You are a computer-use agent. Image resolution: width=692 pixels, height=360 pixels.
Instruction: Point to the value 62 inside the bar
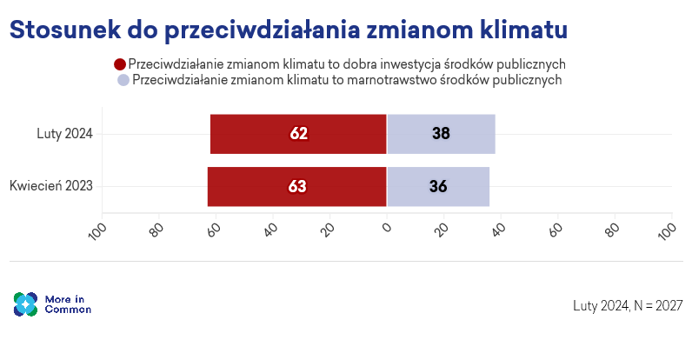[x=299, y=134]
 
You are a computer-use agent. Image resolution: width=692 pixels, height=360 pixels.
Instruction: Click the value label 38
[x=441, y=134]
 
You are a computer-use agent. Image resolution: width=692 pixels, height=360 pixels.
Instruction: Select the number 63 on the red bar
[x=297, y=186]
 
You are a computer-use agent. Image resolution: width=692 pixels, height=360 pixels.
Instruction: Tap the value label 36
[x=437, y=186]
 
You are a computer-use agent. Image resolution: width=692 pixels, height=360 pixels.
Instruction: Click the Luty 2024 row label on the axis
[x=64, y=134]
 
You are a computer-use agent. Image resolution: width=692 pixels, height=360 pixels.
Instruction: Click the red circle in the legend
[x=120, y=63]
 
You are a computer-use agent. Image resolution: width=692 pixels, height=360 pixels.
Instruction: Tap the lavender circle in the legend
[x=123, y=79]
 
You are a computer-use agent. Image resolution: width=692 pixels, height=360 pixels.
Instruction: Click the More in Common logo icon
[x=25, y=304]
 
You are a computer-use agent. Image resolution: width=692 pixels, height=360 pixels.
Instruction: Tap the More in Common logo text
[x=68, y=304]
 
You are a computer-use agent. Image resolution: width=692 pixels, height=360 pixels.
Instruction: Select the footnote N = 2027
[x=658, y=305]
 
